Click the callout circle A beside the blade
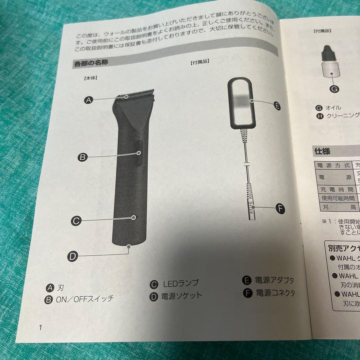(88, 100)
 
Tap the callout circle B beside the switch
(82, 157)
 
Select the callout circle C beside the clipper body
(76, 220)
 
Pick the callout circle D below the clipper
(73, 256)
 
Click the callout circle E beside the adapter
(276, 106)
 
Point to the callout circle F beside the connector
(281, 209)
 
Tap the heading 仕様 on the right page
(322, 151)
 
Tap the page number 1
(41, 327)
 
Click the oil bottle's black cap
(330, 51)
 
